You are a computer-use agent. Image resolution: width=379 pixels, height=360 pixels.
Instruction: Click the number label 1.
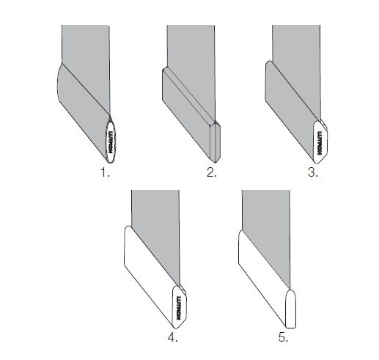click(x=104, y=174)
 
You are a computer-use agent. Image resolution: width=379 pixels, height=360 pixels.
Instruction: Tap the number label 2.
click(x=211, y=174)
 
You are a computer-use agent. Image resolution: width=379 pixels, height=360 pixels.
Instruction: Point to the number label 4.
click(x=174, y=339)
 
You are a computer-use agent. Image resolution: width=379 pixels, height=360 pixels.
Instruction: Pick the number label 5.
click(x=283, y=339)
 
